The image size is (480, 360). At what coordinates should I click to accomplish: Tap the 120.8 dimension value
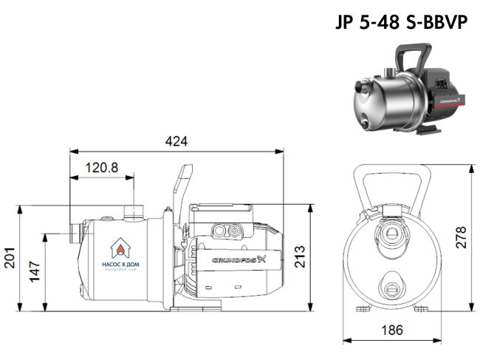(x=102, y=168)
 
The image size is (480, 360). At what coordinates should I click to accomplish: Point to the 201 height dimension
(x=10, y=258)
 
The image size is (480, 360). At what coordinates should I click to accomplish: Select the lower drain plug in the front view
(x=391, y=282)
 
